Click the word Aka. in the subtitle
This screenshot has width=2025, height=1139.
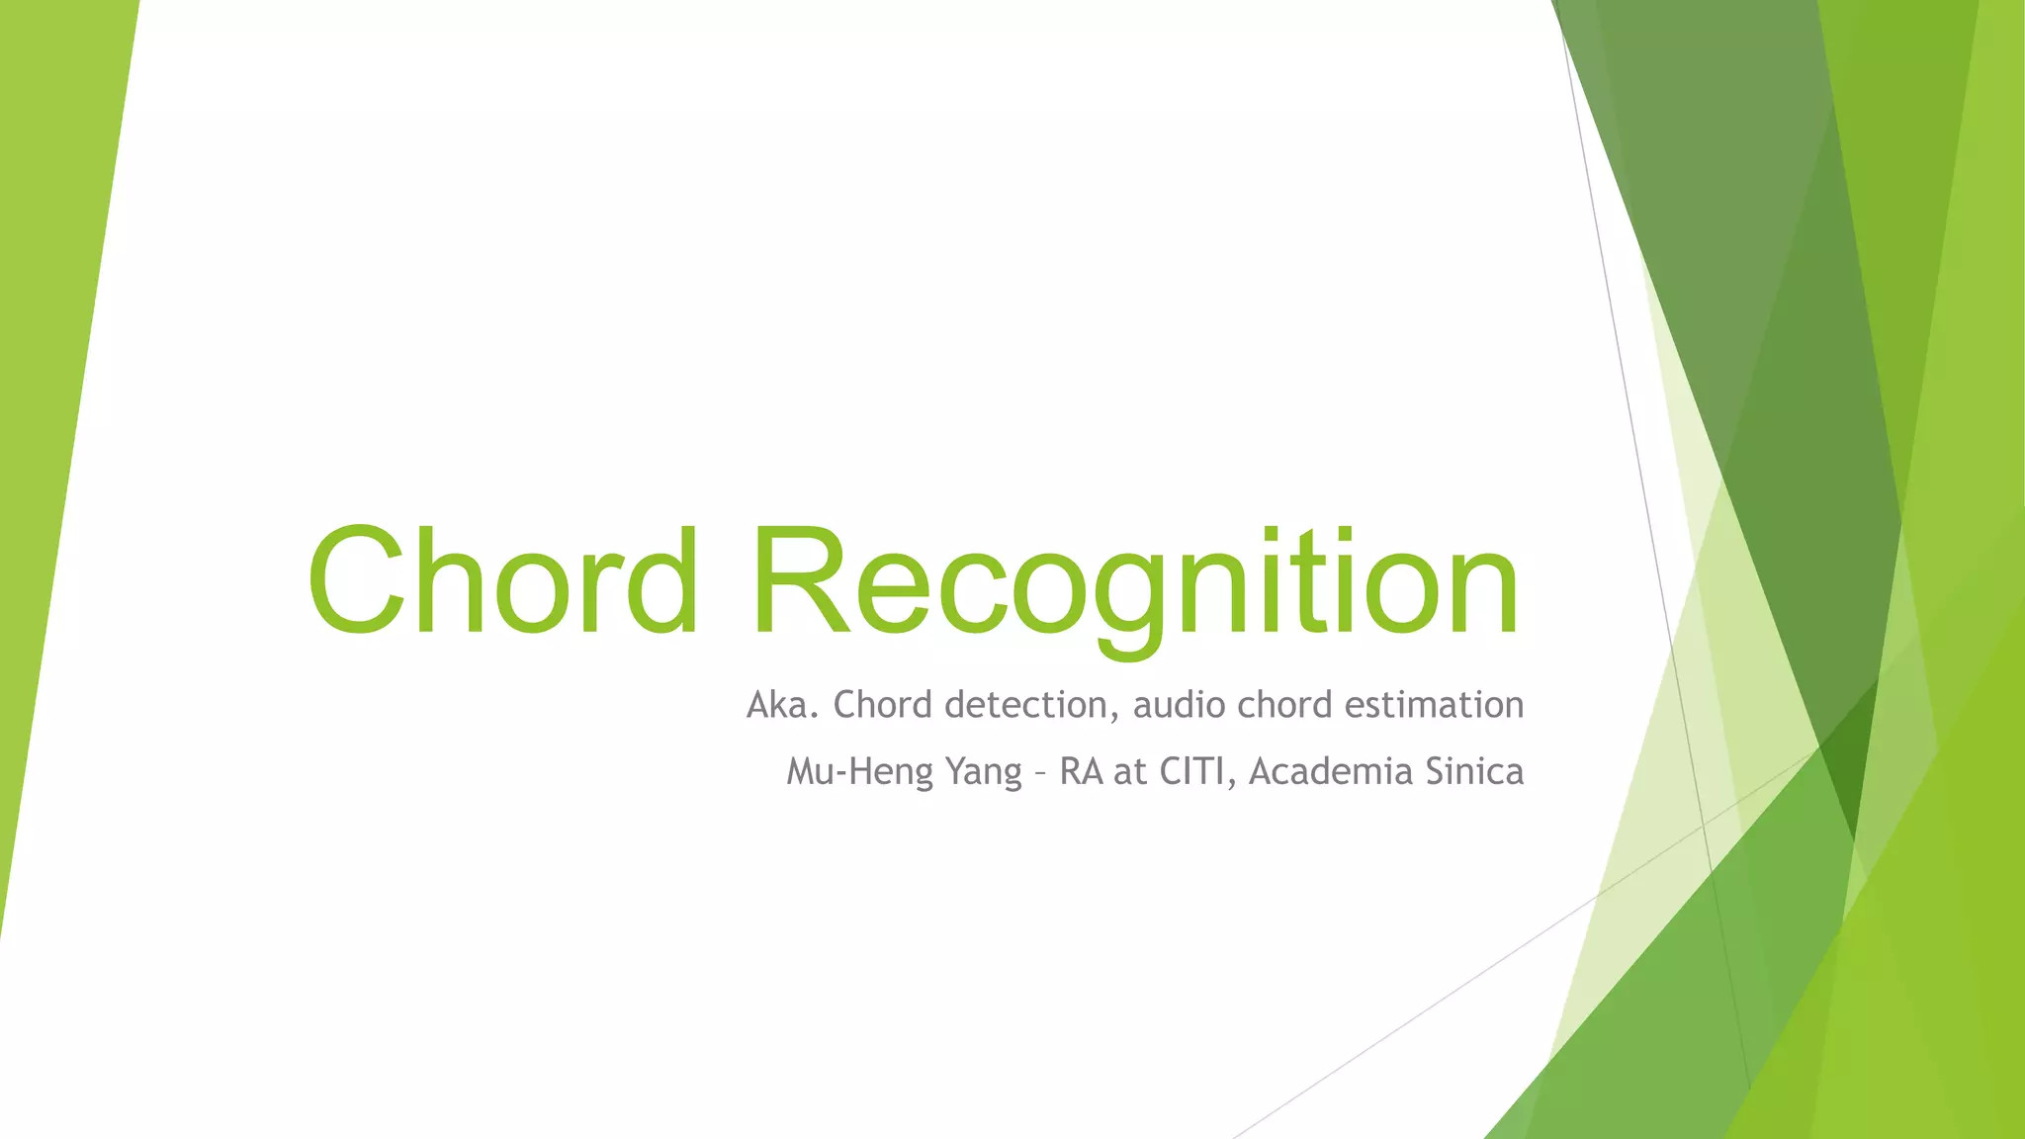point(782,705)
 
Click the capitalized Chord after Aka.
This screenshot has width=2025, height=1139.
point(883,705)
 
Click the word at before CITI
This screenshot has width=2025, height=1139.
point(1130,772)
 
